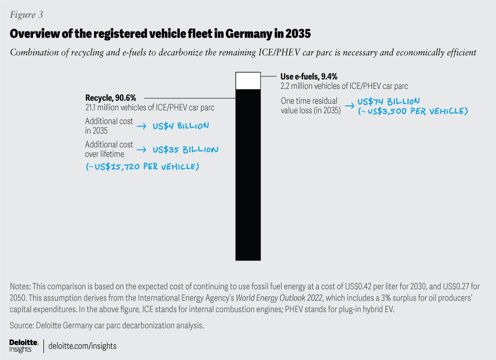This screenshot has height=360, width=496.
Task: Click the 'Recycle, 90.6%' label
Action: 110,98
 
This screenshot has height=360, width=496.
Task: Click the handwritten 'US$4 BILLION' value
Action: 181,126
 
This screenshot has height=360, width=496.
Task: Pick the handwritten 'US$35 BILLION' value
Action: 185,150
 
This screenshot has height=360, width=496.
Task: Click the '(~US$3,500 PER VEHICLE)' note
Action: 412,111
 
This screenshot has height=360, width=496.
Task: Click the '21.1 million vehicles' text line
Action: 149,107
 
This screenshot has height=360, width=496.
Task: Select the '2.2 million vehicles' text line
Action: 344,86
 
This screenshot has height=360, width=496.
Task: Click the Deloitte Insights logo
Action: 24,345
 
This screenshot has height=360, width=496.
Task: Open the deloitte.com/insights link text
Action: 83,346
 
